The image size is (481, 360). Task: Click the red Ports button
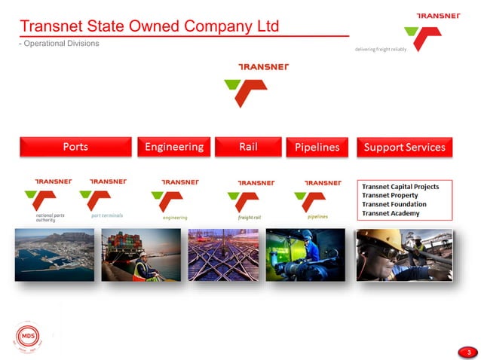coord(75,147)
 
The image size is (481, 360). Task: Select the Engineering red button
coord(173,147)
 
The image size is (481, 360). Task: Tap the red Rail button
coord(248,147)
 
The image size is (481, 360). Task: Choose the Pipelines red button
coord(317,148)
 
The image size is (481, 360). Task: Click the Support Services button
coord(404,148)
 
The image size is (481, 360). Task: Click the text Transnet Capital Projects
coord(400,186)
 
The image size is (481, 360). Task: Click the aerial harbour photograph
coord(54,255)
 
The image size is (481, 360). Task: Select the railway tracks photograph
coord(222,255)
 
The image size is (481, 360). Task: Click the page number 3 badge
coord(468,352)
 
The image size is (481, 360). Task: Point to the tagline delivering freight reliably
coord(375,50)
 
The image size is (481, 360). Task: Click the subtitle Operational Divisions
coord(60,43)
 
